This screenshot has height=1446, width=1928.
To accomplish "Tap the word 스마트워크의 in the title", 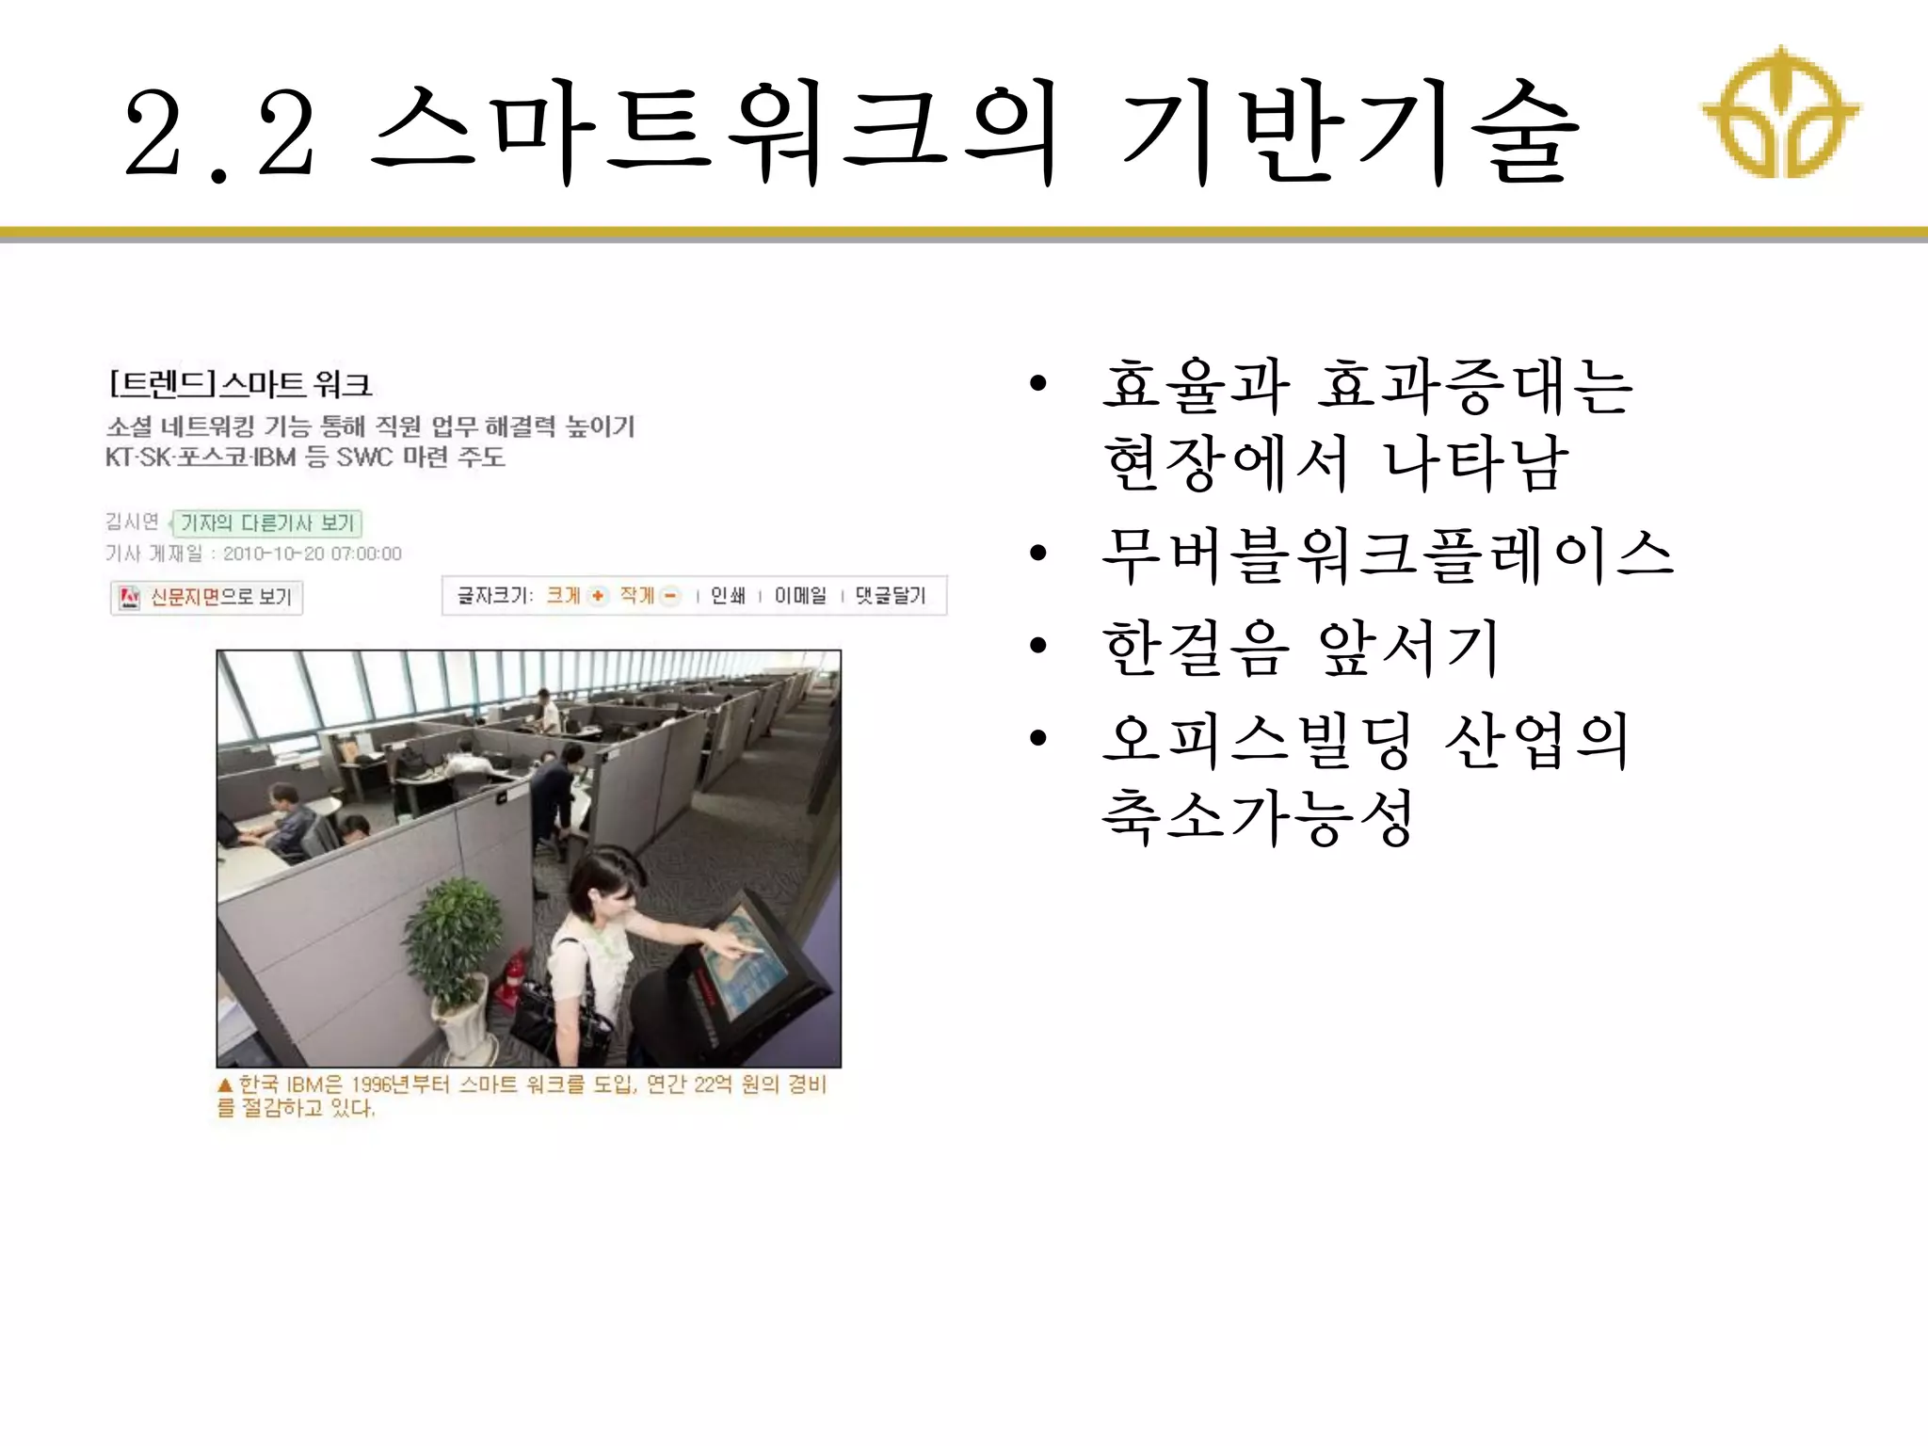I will coord(715,135).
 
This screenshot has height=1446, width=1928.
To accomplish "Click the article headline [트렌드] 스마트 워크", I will coord(241,384).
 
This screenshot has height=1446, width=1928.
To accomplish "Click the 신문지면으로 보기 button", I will coord(207,597).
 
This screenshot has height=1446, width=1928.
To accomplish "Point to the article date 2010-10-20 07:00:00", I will coord(313,554).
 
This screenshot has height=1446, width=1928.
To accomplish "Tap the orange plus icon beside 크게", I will coord(598,595).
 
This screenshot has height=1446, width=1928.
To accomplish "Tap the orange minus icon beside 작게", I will coord(670,595).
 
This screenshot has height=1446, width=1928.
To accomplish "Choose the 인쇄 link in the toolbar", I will coord(727,595).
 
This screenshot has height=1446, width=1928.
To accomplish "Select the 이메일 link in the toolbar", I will coord(800,595).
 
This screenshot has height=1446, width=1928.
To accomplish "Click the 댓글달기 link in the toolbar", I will coord(891,595).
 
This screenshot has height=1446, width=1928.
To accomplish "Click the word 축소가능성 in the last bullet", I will coord(1258,817).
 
